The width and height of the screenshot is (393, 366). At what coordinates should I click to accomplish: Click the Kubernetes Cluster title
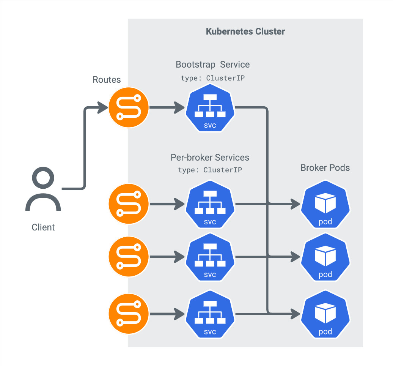point(245,32)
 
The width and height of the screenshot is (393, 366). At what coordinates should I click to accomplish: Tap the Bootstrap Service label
point(212,65)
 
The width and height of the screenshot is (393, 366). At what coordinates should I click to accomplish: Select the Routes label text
point(107,80)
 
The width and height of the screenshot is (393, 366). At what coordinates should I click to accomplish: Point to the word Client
point(43,227)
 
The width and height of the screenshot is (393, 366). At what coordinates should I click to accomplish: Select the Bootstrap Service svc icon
point(210,108)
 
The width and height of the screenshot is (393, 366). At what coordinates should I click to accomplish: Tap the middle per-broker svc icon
point(210,257)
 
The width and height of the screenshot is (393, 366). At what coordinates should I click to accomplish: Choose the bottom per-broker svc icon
point(210,315)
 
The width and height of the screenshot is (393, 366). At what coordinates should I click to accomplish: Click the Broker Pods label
point(325,168)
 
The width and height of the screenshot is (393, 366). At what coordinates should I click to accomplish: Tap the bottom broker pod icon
point(325,315)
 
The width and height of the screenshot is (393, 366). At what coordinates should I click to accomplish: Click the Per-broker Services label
point(210,157)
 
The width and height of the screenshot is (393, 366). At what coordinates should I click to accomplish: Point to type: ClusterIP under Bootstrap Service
point(212,78)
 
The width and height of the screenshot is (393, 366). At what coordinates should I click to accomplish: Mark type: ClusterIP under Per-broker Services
point(210,170)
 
